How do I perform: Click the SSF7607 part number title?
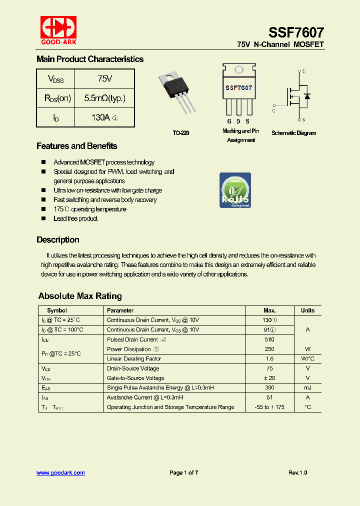point(296,32)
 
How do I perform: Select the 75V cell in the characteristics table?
point(104,79)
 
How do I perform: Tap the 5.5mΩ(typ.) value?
point(104,98)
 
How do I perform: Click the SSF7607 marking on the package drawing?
point(238,87)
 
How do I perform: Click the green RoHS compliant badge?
point(235,190)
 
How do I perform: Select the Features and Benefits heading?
point(76,146)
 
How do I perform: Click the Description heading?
point(57,239)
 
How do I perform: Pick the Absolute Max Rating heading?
point(80,296)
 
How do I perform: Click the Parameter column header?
point(120,310)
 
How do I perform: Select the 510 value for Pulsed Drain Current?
point(269,339)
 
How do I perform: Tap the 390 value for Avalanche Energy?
point(269,388)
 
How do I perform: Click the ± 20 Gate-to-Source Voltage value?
point(269,378)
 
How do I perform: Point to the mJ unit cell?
point(307,388)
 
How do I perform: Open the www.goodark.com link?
point(60,472)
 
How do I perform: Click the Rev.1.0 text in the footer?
point(297,472)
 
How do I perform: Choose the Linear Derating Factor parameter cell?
point(133,359)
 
